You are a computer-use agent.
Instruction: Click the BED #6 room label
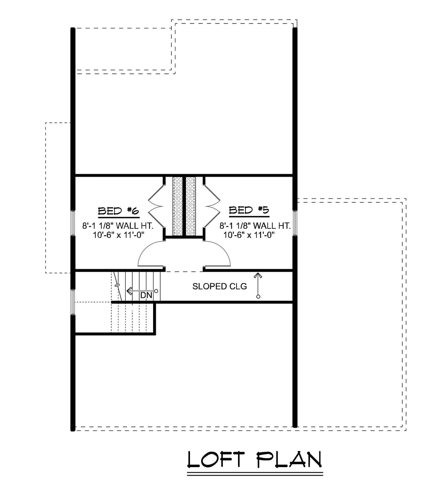[118, 211]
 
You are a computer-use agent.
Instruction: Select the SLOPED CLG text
[219, 286]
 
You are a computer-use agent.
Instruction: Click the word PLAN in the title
[289, 459]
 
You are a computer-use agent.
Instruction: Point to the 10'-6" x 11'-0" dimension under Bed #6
[118, 234]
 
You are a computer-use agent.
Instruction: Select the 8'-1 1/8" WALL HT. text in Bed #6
[118, 226]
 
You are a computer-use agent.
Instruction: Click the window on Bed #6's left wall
[73, 224]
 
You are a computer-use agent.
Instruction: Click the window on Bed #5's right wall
[295, 223]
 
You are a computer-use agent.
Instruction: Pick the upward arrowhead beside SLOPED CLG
[257, 275]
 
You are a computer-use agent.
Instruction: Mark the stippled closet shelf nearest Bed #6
[178, 206]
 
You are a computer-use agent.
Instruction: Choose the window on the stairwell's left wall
[73, 302]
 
